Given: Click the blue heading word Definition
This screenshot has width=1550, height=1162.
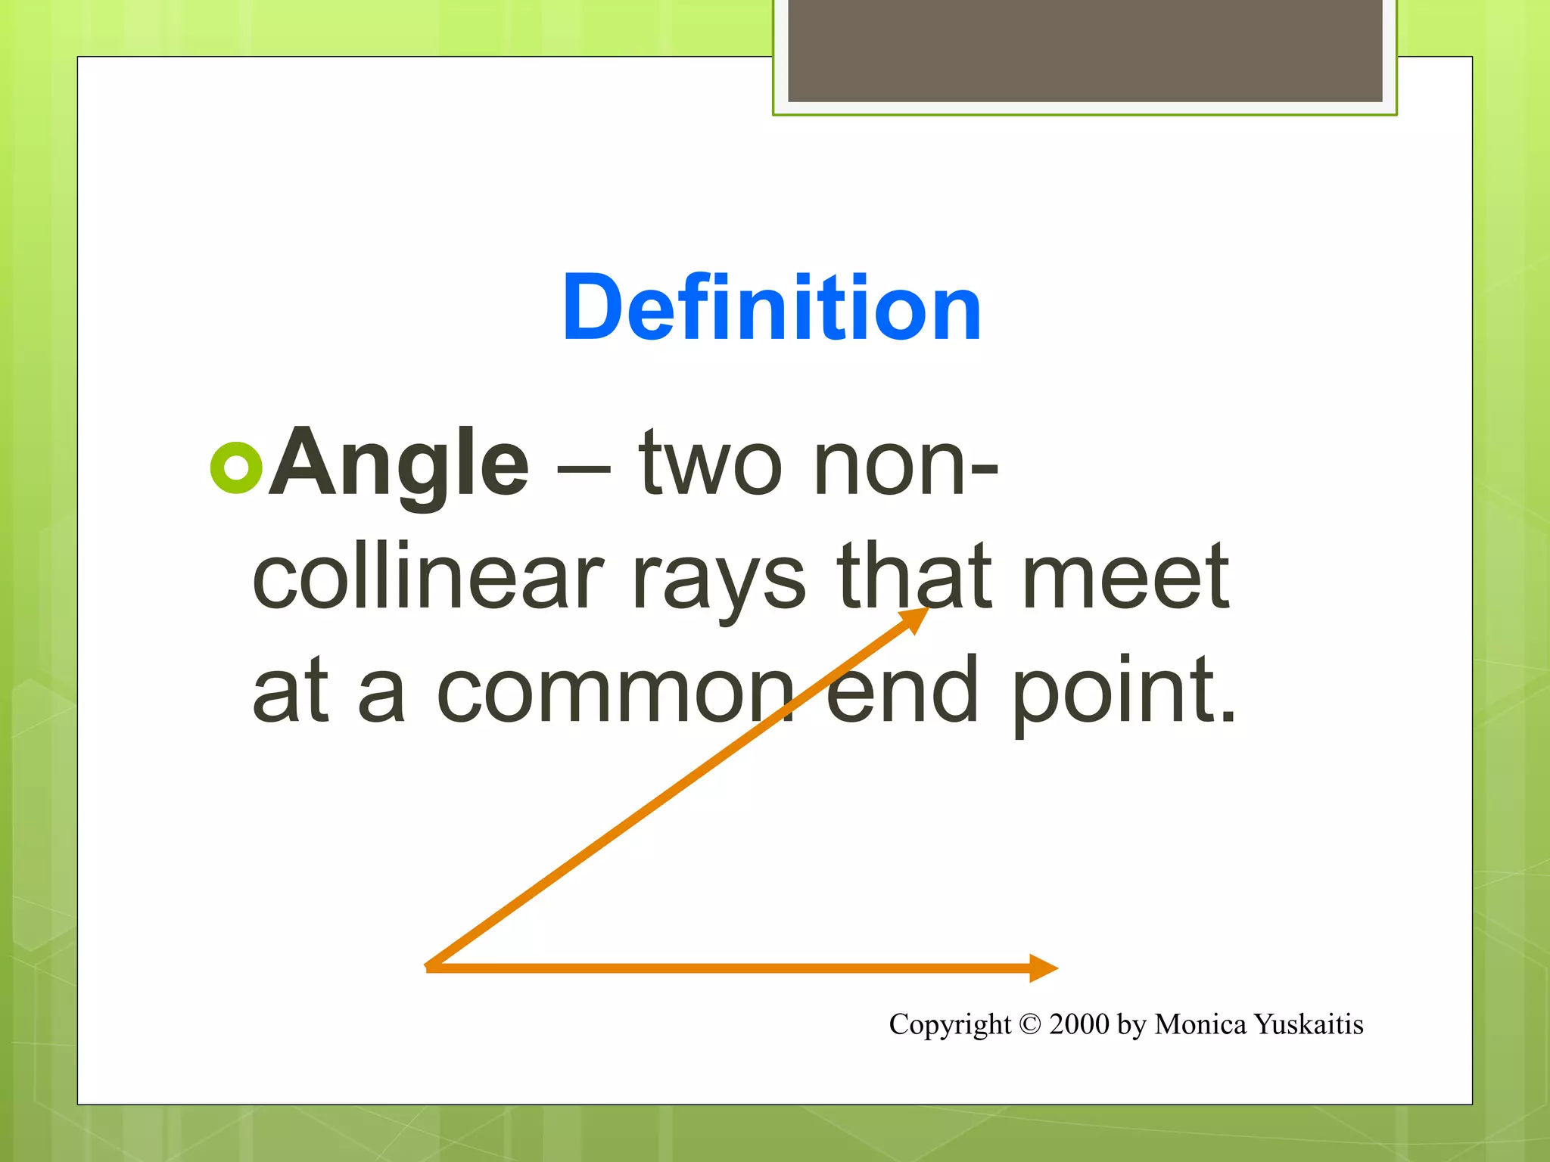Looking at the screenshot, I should pos(771,308).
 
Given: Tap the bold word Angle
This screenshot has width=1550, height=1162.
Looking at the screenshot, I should pos(398,462).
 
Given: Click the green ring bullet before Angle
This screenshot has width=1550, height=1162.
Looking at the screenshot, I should pos(236,468).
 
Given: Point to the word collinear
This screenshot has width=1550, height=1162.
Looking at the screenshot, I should pos(428,576).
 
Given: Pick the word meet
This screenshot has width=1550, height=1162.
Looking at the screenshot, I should pos(1125,576).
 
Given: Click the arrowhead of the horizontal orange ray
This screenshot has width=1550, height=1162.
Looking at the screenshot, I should pos(1044,968).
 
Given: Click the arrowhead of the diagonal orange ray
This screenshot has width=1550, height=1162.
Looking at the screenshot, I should pos(914,619).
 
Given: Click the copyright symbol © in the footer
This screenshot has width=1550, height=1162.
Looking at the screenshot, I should pos(1030,1024).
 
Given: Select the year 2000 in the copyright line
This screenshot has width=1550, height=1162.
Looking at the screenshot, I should pos(1079,1024).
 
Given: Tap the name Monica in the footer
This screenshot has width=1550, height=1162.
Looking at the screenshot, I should pos(1200,1024).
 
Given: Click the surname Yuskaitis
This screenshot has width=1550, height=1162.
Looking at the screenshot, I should pos(1309,1024).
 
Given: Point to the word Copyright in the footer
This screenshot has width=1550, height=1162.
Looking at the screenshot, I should pos(950,1024).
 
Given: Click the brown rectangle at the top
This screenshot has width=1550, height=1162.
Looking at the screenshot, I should pos(1085,51).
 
